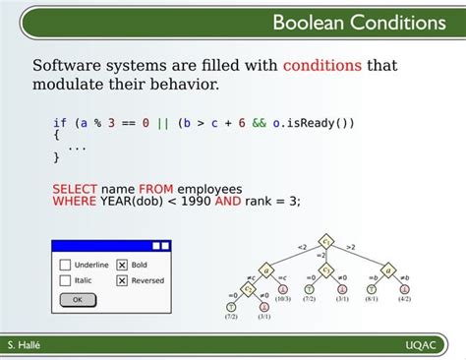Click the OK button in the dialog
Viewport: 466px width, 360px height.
coord(78,299)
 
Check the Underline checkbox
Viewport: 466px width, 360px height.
coord(65,265)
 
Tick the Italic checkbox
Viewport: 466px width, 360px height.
coord(65,280)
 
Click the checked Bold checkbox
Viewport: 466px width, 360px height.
coord(122,265)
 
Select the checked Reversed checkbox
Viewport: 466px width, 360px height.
coord(122,280)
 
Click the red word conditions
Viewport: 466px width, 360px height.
coord(322,66)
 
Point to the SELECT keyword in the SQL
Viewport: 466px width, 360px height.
coord(74,188)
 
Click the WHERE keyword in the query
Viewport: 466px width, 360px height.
coord(74,201)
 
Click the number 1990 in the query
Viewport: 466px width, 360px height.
coord(195,201)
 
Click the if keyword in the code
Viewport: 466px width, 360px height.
coord(59,123)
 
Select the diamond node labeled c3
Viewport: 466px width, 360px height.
coord(326,270)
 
